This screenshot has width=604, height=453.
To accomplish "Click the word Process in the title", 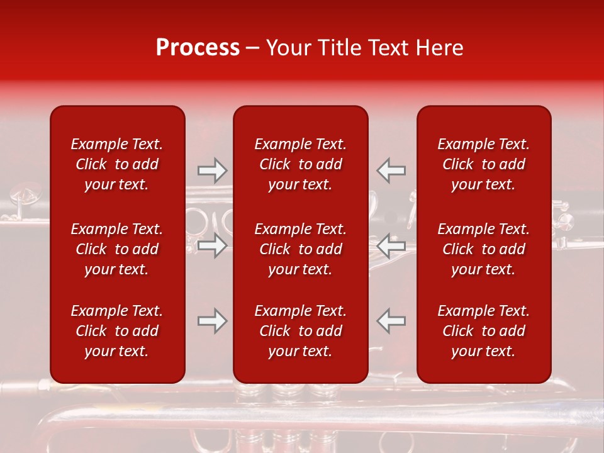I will coord(198,48).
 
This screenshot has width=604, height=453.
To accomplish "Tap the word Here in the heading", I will coord(440,48).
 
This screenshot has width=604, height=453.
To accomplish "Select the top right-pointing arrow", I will coord(213,170).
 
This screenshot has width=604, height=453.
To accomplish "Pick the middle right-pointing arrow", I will coord(213,246).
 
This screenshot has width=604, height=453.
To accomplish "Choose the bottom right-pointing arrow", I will coord(213,321).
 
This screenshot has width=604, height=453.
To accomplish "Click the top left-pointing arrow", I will coord(391,170).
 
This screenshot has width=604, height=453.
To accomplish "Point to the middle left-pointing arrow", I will coord(391,246).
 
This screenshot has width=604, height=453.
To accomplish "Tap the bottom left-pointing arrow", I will coord(391,321).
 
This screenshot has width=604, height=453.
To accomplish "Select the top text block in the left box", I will coord(117,164).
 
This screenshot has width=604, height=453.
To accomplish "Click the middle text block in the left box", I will coord(117,249).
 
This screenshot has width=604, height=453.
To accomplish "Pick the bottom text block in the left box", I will coord(117,331).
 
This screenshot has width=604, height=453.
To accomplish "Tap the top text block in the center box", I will coord(301,164).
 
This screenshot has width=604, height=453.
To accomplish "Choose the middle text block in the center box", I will coord(301,249).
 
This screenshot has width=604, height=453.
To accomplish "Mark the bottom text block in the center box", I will coord(301,331).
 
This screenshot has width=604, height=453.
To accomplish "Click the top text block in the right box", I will coord(484,164).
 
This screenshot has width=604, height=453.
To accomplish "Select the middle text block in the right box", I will coord(484,249).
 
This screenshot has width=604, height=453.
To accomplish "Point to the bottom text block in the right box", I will coord(484,331).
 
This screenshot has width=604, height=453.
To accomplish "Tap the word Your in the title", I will coord(288,48).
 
